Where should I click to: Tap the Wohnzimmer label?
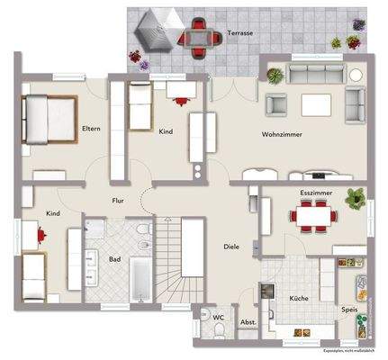[282, 134]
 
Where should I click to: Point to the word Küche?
[299, 298]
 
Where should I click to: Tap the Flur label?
[117, 201]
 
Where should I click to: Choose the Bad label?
[115, 259]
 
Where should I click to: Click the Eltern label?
[90, 129]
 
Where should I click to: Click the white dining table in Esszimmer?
[312, 215]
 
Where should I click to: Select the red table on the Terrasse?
[201, 37]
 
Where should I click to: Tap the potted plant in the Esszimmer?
[356, 196]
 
